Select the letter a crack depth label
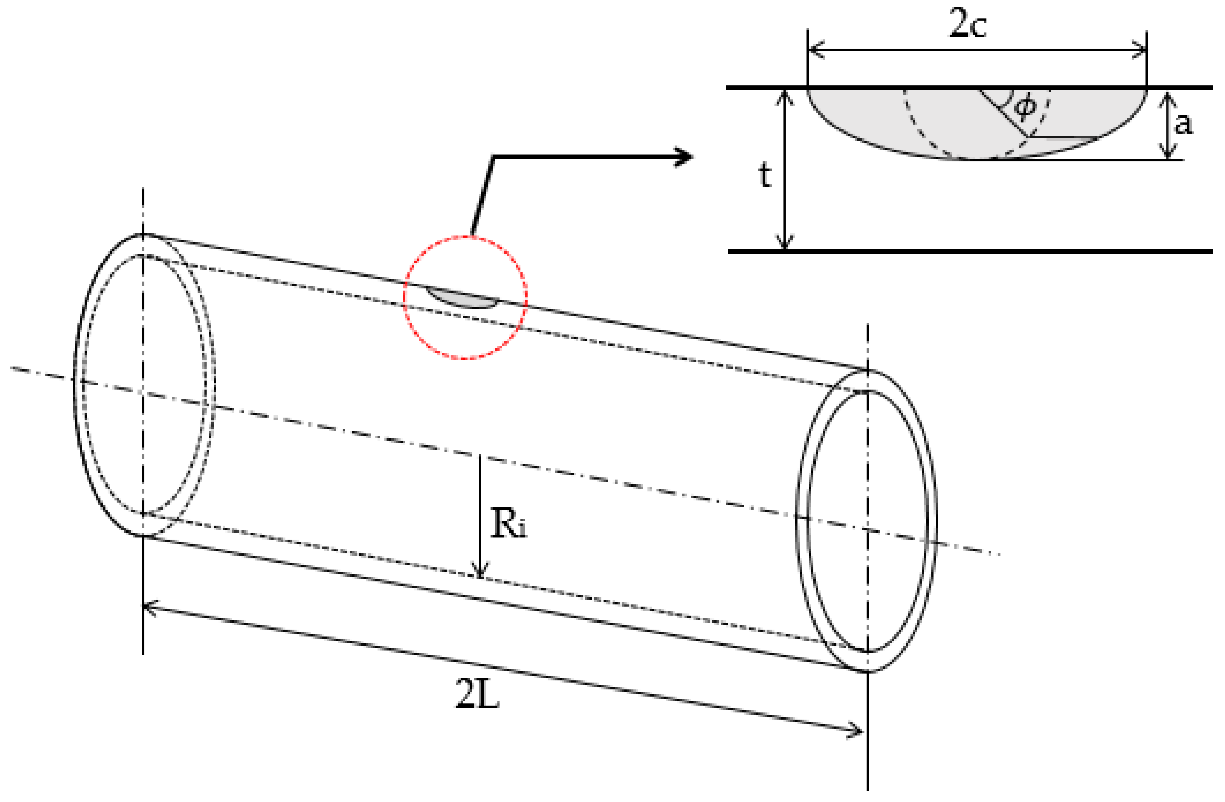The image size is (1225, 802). click(x=1183, y=124)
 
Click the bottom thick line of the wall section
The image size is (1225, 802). click(x=978, y=251)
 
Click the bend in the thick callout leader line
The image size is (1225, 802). click(x=493, y=157)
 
